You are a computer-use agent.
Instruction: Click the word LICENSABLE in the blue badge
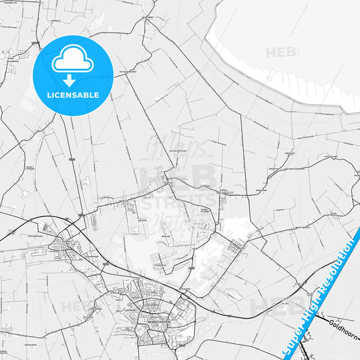tap(72, 95)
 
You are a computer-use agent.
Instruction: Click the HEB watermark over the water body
tap(284, 53)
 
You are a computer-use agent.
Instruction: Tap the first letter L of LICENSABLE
tap(47, 95)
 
